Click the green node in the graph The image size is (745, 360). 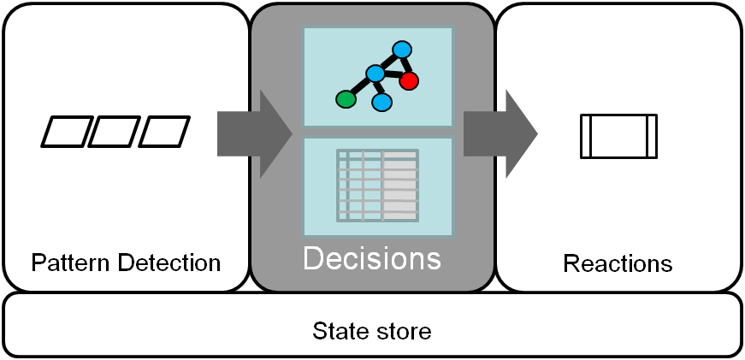(346, 99)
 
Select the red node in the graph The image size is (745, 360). (408, 80)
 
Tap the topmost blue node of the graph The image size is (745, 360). (401, 50)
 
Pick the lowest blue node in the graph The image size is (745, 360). (382, 102)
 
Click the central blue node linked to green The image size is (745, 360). (375, 74)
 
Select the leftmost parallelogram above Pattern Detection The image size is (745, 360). (65, 132)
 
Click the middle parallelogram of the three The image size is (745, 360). (115, 132)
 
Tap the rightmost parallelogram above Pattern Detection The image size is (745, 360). (164, 132)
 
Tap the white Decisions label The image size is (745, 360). (372, 257)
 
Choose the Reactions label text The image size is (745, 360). (618, 263)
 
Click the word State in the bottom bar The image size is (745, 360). (337, 330)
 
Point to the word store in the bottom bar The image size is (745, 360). (404, 330)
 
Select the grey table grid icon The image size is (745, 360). (377, 184)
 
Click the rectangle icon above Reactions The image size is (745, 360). (618, 136)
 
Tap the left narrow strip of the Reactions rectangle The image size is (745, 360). (585, 136)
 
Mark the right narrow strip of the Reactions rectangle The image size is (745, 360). (652, 136)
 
